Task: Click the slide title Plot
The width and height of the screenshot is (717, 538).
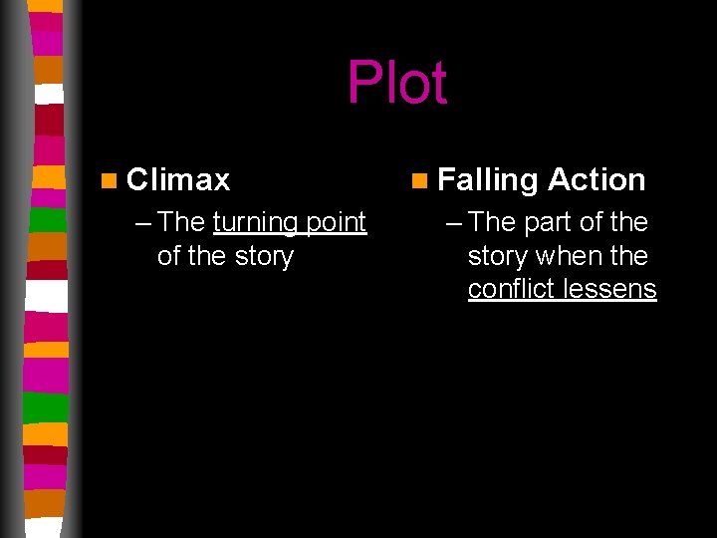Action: tap(396, 83)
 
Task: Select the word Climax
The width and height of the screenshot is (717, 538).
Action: tap(178, 179)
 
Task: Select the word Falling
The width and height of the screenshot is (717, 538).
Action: tap(487, 180)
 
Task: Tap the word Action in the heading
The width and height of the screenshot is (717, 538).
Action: tap(597, 179)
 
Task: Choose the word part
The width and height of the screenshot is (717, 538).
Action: tap(547, 222)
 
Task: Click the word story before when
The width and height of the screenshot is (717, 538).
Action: tap(498, 256)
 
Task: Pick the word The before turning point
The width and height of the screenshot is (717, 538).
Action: tap(181, 222)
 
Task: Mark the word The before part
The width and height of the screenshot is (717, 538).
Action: tap(491, 222)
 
